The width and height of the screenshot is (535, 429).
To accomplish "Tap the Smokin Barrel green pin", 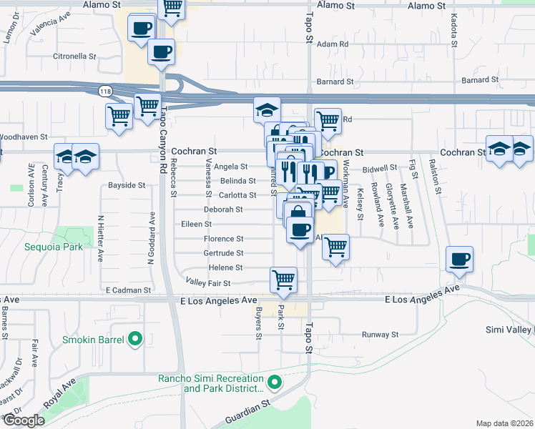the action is (x=134, y=340).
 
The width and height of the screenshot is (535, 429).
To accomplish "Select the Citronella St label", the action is (x=74, y=56).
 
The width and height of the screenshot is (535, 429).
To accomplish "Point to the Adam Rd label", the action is (x=333, y=44).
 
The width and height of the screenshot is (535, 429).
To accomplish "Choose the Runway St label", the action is (x=379, y=334).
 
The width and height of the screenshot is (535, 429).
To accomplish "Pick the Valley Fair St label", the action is (x=208, y=283).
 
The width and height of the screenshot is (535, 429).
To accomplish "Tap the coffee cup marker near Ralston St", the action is (x=459, y=259).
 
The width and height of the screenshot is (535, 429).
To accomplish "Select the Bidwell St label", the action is (x=379, y=169).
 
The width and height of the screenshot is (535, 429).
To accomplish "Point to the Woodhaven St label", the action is (x=24, y=136).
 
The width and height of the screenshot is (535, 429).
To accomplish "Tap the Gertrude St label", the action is (x=224, y=253).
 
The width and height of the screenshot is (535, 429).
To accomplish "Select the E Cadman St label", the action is (x=128, y=290).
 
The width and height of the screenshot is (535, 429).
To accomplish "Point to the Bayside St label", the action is (x=127, y=185).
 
